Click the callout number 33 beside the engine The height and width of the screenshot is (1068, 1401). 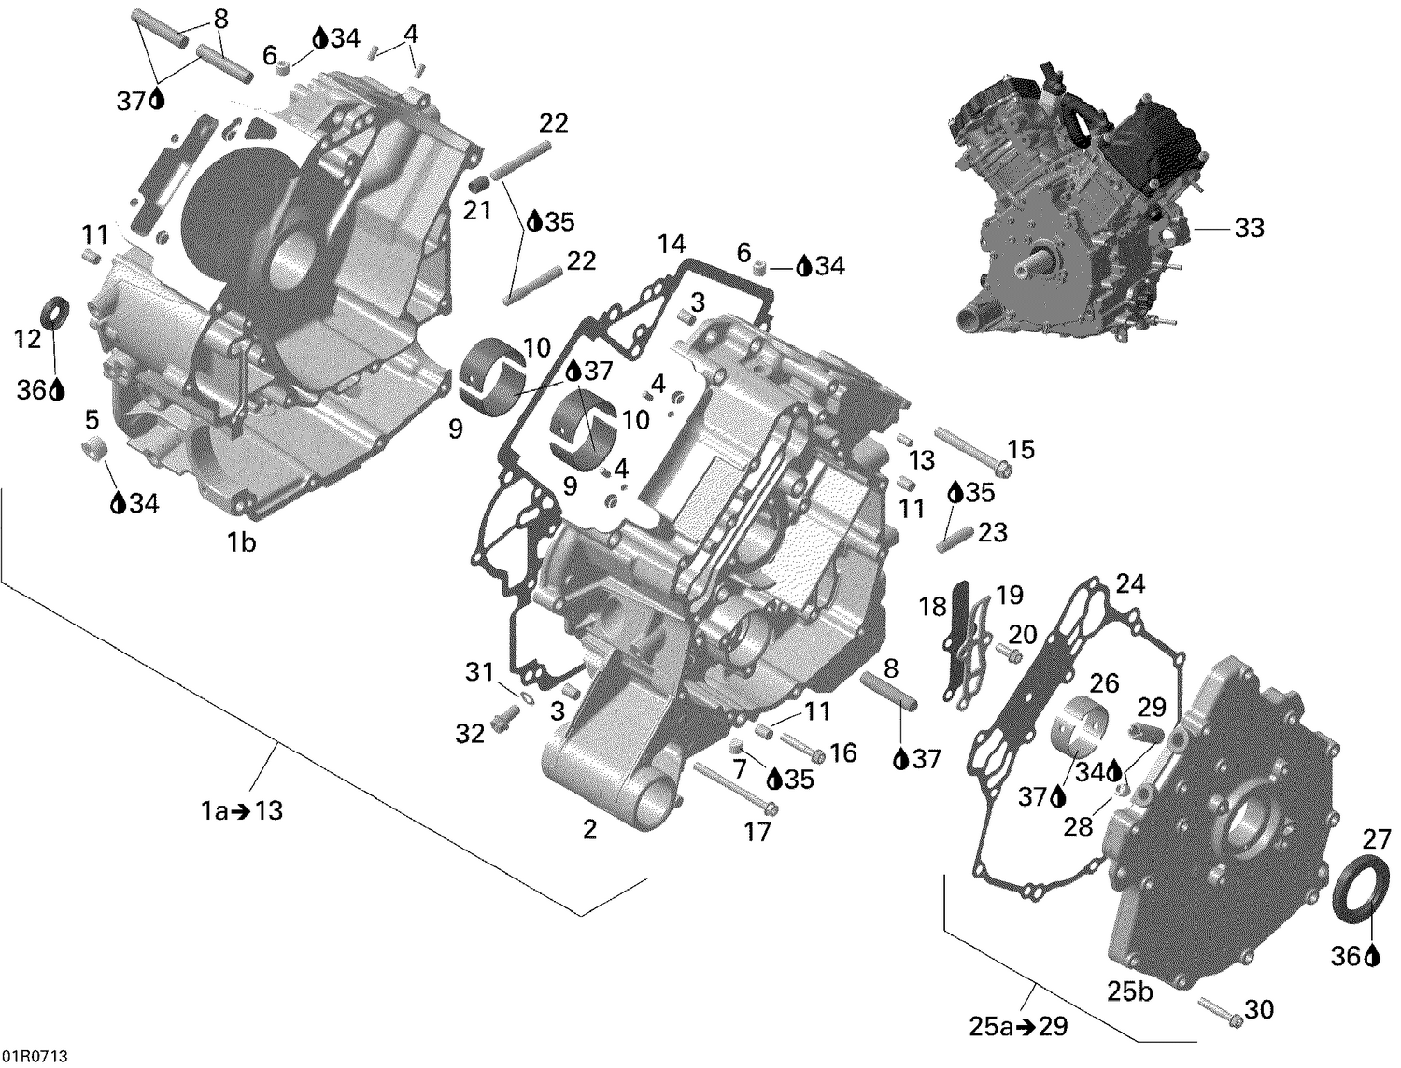pyautogui.click(x=1249, y=228)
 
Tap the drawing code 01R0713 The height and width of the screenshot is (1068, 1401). pyautogui.click(x=35, y=1057)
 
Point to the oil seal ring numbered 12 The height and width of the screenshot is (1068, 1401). pyautogui.click(x=57, y=311)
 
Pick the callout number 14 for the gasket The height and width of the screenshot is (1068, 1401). pyautogui.click(x=671, y=246)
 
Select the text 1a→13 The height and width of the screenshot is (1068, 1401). pyautogui.click(x=242, y=811)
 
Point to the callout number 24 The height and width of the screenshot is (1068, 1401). pyautogui.click(x=1129, y=584)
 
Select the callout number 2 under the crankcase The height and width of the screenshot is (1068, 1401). pyautogui.click(x=588, y=829)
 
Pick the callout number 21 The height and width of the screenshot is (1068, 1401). pyautogui.click(x=477, y=211)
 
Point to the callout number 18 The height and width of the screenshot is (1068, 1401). pyautogui.click(x=932, y=608)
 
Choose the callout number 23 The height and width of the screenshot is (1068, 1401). pyautogui.click(x=992, y=532)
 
